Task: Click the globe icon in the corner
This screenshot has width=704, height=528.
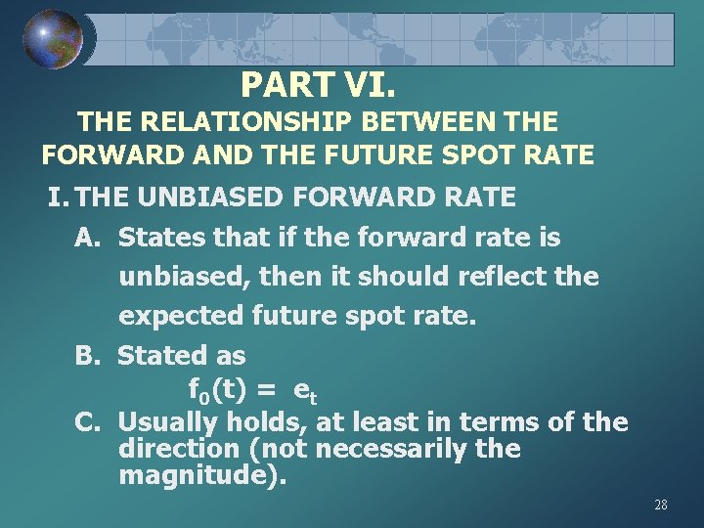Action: point(53,39)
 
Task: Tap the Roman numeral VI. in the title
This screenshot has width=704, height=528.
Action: point(368,86)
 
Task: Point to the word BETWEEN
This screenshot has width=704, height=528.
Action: point(438,122)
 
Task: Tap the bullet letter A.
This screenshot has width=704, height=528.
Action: point(87,238)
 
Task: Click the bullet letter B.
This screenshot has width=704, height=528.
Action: point(87,355)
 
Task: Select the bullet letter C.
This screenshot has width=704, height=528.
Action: point(87,422)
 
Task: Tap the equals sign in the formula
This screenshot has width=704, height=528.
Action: point(265,391)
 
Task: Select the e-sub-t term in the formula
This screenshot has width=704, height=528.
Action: point(306,393)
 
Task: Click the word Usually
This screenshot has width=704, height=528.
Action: point(167,422)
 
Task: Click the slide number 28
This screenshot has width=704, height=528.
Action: point(660,505)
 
